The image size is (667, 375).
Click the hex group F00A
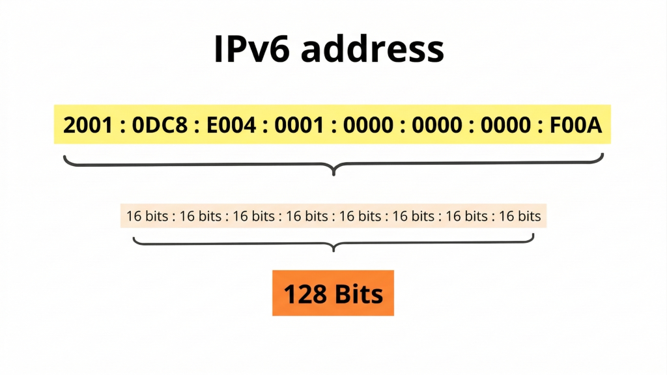tap(575, 124)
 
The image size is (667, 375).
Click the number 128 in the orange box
tap(306, 294)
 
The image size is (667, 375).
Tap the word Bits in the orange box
tap(358, 294)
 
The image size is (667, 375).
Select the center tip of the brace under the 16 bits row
tap(333, 249)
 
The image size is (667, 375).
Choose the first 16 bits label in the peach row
tap(147, 216)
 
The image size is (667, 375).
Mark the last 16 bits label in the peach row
tap(520, 216)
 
